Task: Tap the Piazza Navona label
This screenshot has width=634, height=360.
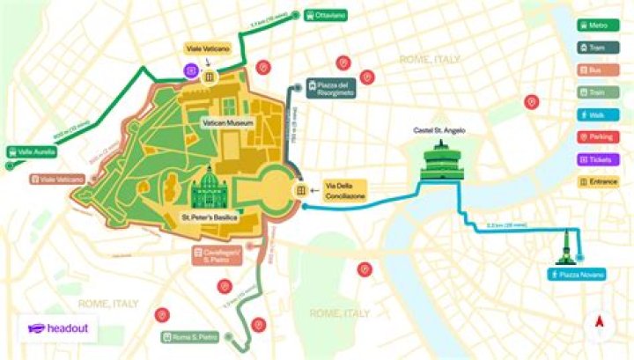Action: (578, 276)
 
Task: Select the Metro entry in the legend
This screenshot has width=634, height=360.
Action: (596, 26)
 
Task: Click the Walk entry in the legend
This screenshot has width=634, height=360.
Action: (596, 114)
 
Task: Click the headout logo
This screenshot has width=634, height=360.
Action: (58, 328)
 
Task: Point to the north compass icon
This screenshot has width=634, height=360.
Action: (600, 321)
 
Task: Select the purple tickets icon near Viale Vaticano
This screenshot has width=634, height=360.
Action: (190, 70)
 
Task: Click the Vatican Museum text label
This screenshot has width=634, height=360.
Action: (228, 123)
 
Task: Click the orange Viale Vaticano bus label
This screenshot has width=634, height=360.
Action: (59, 179)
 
